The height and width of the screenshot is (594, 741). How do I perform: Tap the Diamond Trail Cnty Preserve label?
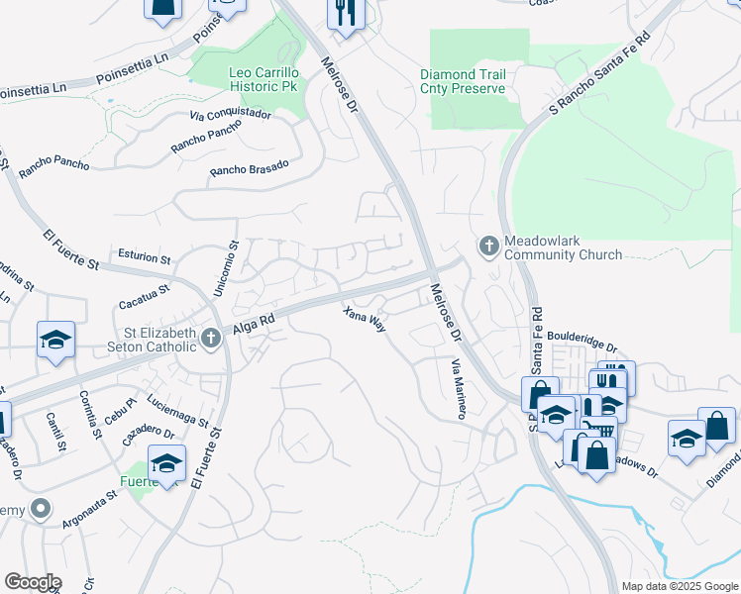click(x=463, y=81)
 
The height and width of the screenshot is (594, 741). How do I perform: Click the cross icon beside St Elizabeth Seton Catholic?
click(x=210, y=339)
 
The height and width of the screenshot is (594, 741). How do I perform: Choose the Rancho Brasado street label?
click(x=249, y=169)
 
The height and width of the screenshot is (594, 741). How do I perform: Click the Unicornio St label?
click(x=225, y=268)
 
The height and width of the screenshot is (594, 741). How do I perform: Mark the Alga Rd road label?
click(x=253, y=322)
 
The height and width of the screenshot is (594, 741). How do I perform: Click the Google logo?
click(x=32, y=582)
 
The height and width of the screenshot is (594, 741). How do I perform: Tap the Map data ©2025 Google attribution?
click(x=679, y=586)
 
